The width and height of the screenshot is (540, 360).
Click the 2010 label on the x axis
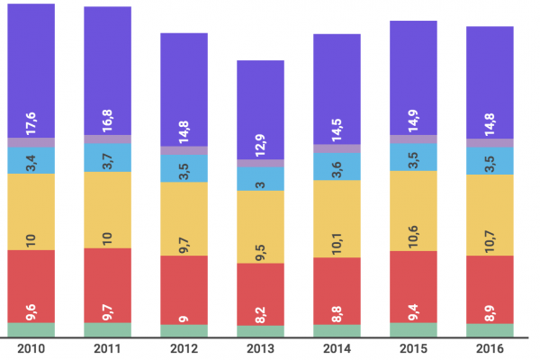point(31,348)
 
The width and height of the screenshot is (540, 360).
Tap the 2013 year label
point(260,348)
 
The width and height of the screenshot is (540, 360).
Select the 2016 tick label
point(490,348)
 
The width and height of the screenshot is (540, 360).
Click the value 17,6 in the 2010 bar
point(31,122)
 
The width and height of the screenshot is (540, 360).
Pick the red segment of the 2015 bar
point(413,286)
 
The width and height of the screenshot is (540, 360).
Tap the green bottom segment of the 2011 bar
point(108,329)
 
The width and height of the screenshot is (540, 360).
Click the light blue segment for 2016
point(490,159)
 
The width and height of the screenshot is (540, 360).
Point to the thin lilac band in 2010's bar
point(31,142)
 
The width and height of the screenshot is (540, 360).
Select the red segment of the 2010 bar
point(31,286)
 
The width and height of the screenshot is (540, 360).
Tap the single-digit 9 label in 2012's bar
point(184,318)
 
